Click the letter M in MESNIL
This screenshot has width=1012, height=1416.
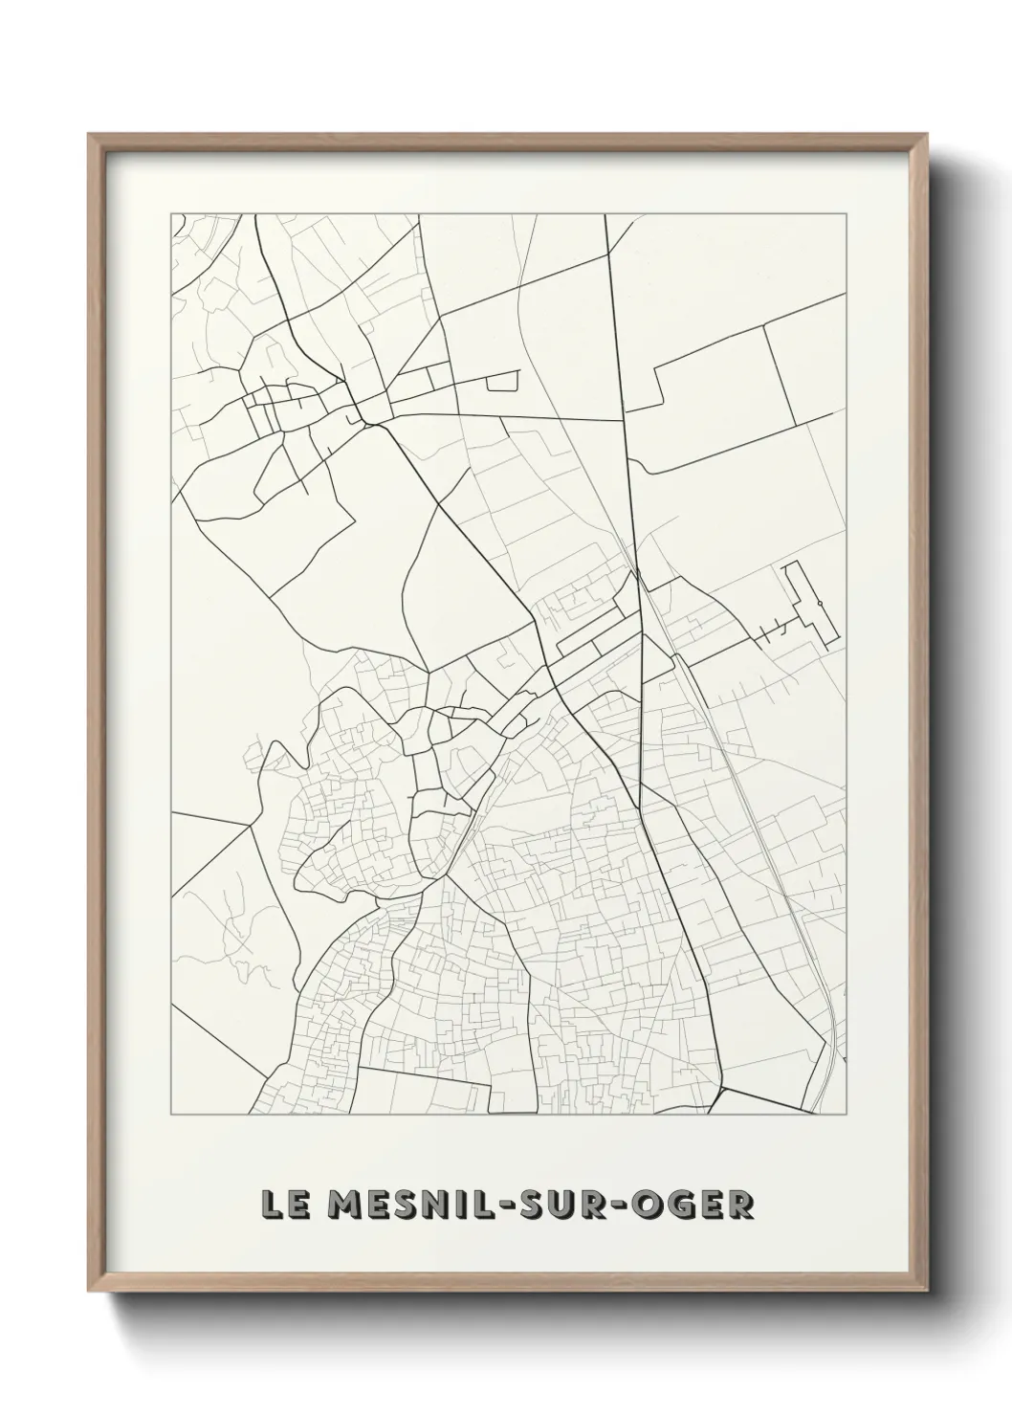(334, 1205)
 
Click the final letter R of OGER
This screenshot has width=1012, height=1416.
(741, 1205)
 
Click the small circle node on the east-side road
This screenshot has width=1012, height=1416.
(820, 603)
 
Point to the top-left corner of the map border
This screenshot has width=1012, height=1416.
(171, 213)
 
